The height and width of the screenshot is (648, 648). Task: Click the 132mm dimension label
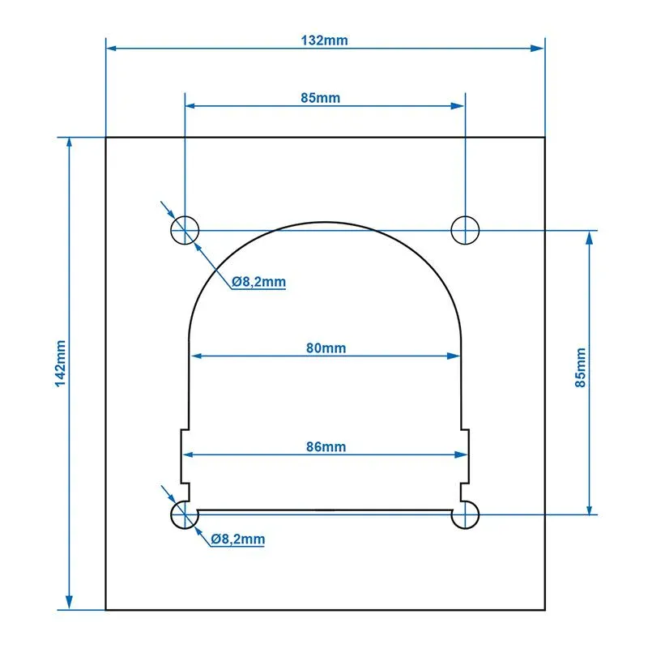point(325,40)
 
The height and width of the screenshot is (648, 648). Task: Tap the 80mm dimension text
point(326,347)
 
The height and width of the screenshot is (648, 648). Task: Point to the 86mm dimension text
point(326,446)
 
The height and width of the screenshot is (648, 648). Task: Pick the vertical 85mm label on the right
point(581,368)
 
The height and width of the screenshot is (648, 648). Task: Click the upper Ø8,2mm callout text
point(258,282)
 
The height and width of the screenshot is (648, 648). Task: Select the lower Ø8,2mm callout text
point(237,539)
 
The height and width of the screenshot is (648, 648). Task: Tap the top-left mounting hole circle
point(185,230)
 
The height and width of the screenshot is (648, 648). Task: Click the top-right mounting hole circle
point(465,230)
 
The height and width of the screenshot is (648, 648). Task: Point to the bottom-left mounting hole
point(185,514)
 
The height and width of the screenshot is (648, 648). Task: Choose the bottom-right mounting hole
point(466,514)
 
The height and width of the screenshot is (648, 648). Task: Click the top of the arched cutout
point(325,223)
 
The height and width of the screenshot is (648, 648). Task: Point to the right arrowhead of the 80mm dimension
point(455,355)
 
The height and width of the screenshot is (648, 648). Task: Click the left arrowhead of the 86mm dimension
point(185,454)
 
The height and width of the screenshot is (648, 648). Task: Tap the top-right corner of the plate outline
point(544,138)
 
